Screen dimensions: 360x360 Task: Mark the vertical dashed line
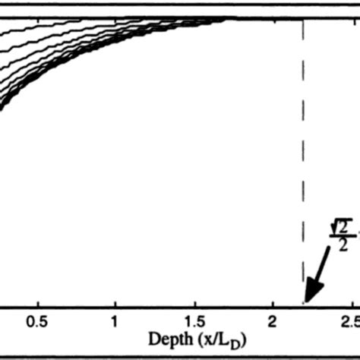(x=304, y=152)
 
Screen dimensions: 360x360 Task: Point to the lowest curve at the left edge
(x=2, y=112)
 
